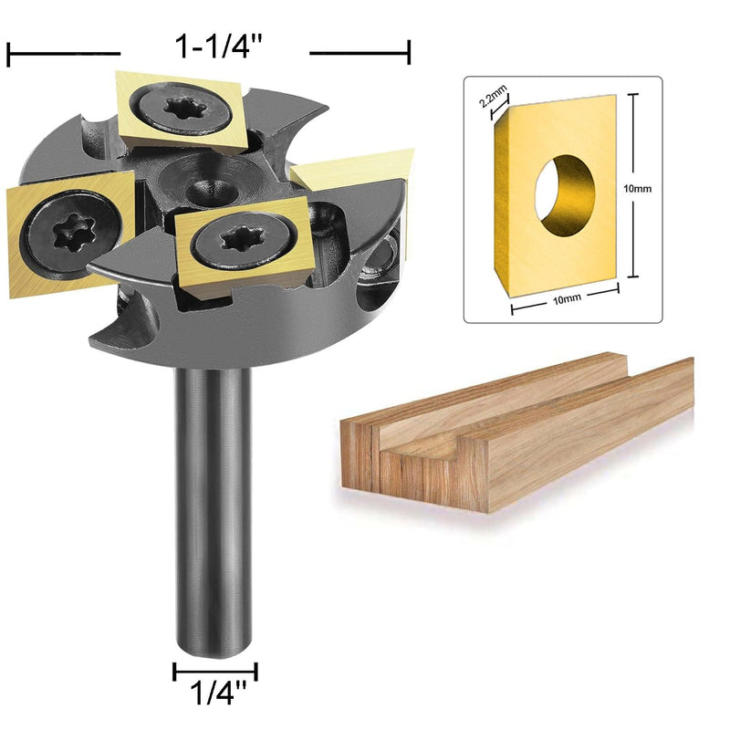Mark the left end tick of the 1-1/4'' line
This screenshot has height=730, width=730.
click(8, 54)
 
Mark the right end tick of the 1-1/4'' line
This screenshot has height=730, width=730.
click(409, 54)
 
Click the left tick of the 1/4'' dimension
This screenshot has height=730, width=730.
click(174, 673)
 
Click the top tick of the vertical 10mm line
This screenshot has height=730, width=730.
click(631, 95)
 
